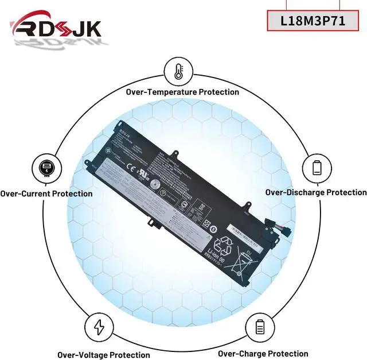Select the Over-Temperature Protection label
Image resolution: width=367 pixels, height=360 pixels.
pyautogui.click(x=183, y=92)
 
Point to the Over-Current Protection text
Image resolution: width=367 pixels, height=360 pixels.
pyautogui.click(x=46, y=193)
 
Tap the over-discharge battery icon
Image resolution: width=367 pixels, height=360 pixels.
pyautogui.click(x=317, y=168)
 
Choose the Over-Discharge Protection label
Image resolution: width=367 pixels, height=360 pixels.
pyautogui.click(x=315, y=192)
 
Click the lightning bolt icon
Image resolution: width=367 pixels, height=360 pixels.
pyautogui.click(x=99, y=327)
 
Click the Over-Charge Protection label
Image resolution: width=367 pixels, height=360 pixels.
pyautogui.click(x=263, y=354)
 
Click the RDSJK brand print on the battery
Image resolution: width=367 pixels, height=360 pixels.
pyautogui.click(x=126, y=131)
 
